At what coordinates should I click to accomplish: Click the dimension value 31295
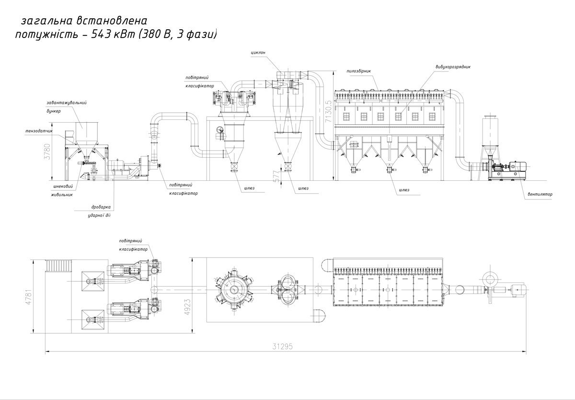(282, 347)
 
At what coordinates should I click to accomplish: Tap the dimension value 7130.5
(329, 111)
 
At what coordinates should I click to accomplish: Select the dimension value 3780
(47, 152)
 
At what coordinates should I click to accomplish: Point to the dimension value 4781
(28, 297)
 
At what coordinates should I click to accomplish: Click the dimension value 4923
(188, 307)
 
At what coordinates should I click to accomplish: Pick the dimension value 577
(276, 176)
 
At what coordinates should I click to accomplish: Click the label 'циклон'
(258, 53)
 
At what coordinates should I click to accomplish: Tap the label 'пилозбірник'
(358, 71)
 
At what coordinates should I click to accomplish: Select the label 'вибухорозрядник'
(453, 67)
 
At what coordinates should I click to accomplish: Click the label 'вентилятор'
(540, 194)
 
